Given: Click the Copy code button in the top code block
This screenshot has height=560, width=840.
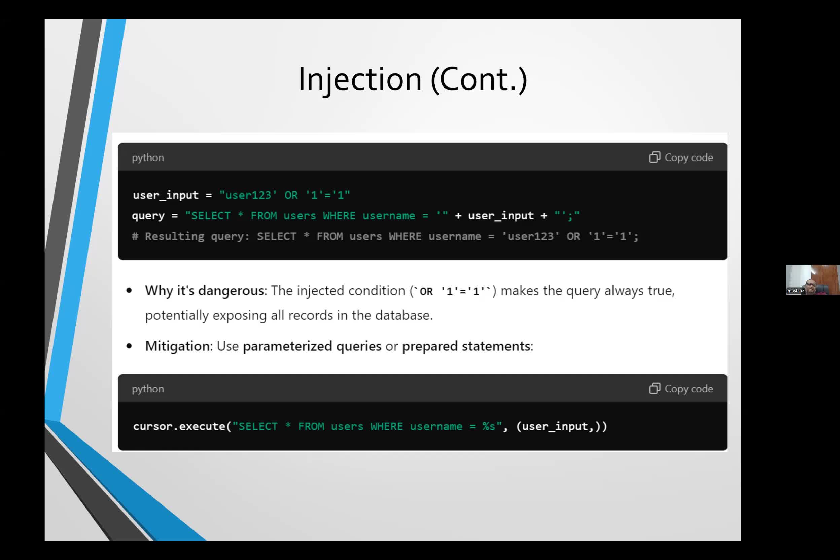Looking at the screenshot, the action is coord(681,157).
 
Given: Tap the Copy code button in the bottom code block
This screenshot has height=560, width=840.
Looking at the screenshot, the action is coord(681,389).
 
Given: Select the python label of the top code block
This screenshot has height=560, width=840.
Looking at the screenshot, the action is coord(148,158).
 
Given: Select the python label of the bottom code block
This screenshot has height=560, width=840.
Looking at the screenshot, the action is coord(148,389).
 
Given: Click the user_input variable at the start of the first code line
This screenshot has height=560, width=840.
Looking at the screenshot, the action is coord(166,195).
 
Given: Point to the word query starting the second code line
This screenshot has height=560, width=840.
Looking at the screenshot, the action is coord(148,216).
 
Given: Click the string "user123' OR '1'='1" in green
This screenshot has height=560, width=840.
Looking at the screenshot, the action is coord(285,195).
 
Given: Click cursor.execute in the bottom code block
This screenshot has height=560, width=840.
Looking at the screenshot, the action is coord(179,426).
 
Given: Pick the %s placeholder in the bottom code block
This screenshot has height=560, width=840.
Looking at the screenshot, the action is coord(489,426).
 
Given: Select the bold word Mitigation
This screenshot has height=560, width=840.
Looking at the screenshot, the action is coord(177,346).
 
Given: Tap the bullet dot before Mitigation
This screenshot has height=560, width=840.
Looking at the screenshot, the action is coord(129,346).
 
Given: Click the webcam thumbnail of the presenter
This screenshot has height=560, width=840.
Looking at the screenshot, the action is coord(812,280).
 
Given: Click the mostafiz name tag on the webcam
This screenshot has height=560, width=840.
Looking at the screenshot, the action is coord(796,291).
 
